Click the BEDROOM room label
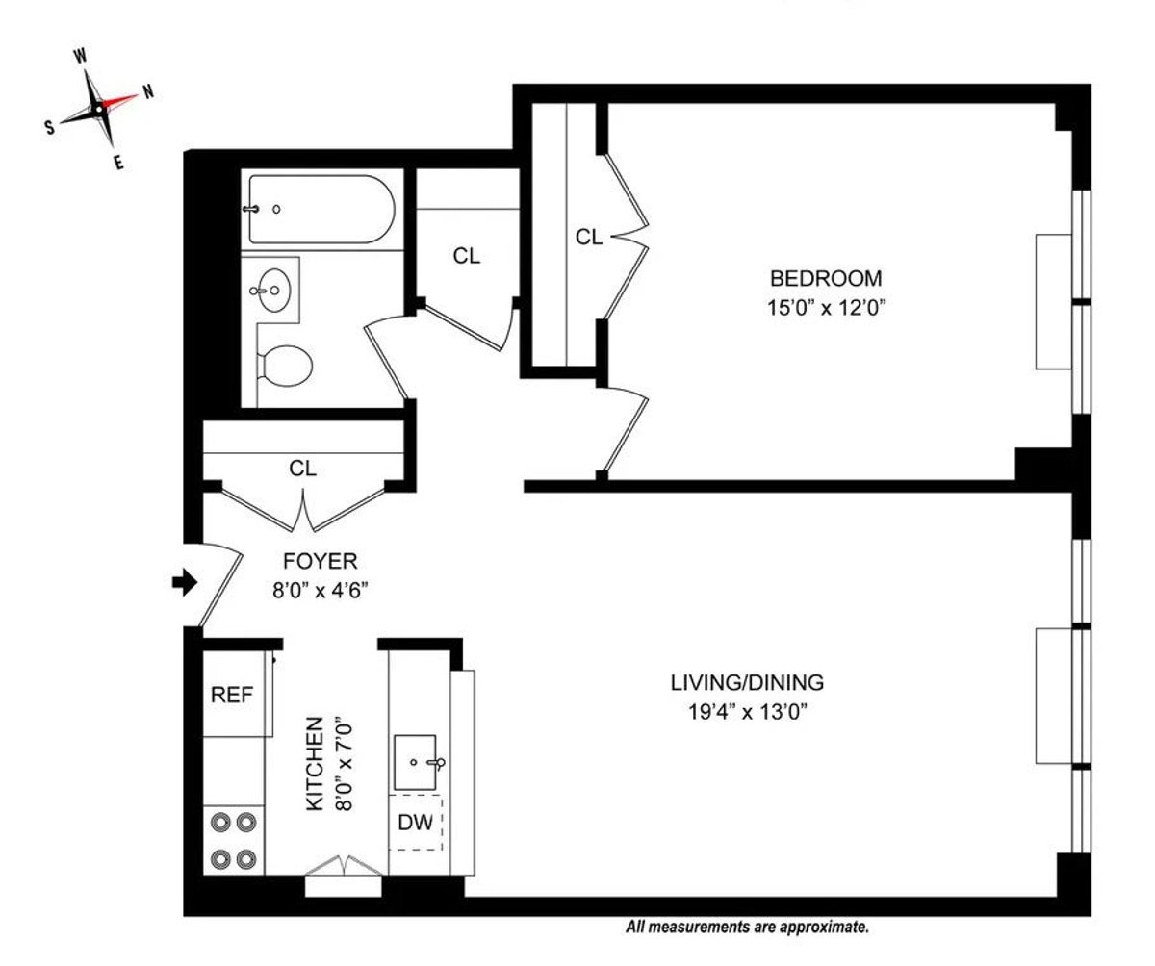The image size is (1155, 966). [x=826, y=279]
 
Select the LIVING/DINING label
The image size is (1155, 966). [x=747, y=683]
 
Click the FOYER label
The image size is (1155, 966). [x=320, y=560]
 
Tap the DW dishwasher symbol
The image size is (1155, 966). [x=416, y=823]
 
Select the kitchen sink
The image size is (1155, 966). [x=416, y=761]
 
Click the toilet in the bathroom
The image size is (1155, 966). [x=286, y=366]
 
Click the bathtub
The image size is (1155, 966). [x=320, y=208]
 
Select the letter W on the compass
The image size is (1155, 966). [x=80, y=57]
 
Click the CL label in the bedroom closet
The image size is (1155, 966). [x=589, y=237]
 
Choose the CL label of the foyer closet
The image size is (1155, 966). [x=303, y=469]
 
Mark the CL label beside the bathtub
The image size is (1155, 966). [x=467, y=257]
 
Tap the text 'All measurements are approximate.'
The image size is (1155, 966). [x=748, y=928]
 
